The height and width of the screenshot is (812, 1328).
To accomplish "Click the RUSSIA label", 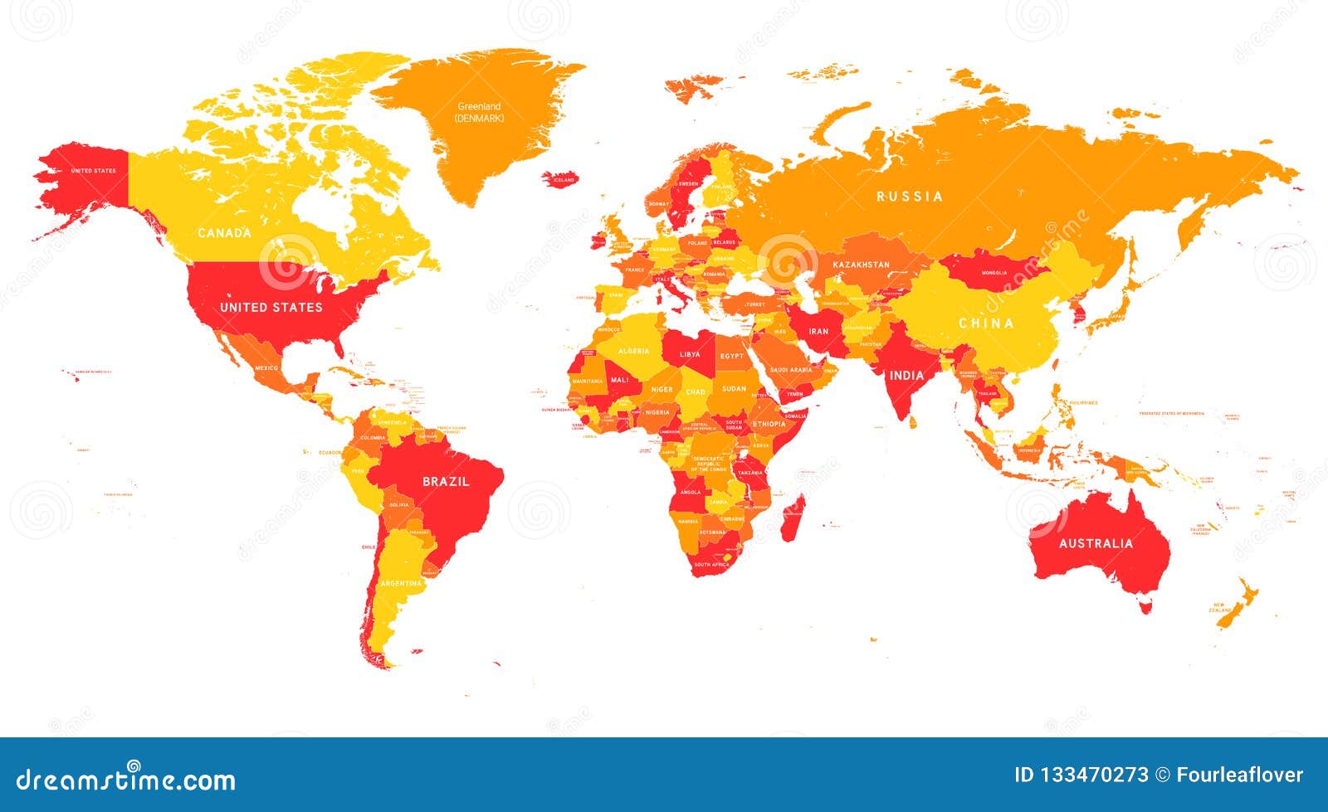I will point(910,197).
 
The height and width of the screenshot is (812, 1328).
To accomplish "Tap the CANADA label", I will point(224,233).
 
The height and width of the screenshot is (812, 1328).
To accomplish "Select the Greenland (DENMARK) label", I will point(479,112).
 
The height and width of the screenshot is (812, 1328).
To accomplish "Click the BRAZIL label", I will point(446,482).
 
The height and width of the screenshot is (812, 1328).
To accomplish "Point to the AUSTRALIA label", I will point(1096,544).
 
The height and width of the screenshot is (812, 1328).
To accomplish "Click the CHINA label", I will point(986,323).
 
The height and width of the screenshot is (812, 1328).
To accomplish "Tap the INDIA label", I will point(906,376).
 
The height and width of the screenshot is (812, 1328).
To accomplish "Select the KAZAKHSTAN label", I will point(861,265).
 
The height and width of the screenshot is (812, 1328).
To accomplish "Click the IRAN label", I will point(818,331).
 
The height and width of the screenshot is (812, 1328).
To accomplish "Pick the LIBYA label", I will point(690,354).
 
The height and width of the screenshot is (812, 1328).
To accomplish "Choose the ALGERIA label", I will point(633,351).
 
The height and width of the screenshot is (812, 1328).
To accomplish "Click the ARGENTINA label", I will point(401,584).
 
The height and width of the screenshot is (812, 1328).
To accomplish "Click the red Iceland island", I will point(563,179).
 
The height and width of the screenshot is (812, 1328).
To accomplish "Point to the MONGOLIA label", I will point(994,272).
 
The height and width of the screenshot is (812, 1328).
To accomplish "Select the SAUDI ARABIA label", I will point(791,370).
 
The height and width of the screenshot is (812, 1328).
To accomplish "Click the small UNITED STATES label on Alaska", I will point(93,171).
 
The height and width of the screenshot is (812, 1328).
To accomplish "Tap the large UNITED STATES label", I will point(271,308).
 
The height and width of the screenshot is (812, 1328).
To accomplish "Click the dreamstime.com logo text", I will point(126,780).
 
